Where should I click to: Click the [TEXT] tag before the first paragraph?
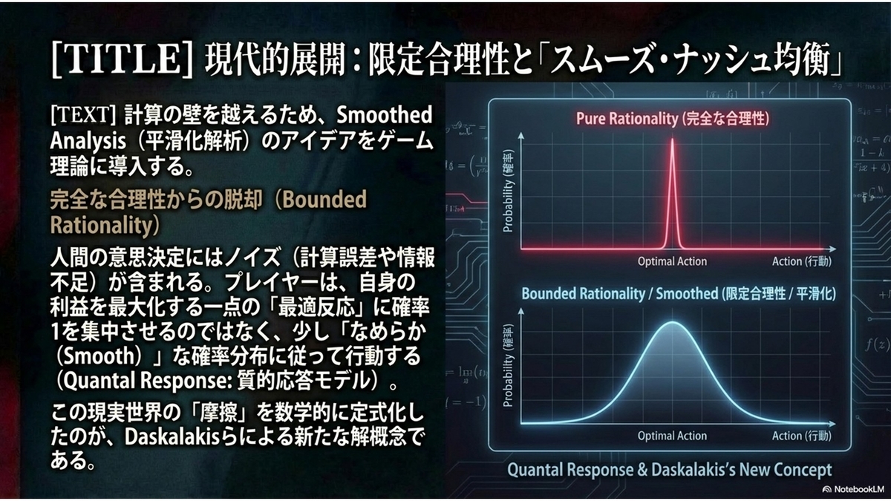click(x=83, y=115)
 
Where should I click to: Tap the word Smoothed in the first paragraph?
click(x=385, y=115)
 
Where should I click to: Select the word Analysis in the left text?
click(x=88, y=141)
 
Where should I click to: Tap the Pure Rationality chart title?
click(x=673, y=119)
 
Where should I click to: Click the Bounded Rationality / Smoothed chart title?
click(x=679, y=294)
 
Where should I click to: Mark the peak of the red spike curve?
click(x=672, y=140)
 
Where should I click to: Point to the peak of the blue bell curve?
click(x=673, y=322)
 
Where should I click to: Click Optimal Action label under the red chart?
click(x=672, y=261)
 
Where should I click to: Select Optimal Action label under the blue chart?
click(x=672, y=436)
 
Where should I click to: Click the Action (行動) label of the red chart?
click(x=801, y=261)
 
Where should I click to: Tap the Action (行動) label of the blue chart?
click(x=801, y=436)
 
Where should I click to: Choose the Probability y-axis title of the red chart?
click(x=509, y=191)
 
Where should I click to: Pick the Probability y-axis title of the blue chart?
click(x=509, y=366)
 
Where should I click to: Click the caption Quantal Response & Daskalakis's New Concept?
click(x=670, y=470)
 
